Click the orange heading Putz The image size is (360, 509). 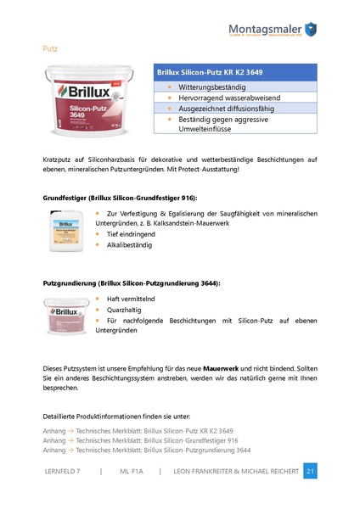[x=50, y=49]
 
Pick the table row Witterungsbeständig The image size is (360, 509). [x=212, y=87]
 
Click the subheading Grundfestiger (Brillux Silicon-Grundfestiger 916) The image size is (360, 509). [x=120, y=197]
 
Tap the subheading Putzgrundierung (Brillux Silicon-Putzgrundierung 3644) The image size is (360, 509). [x=131, y=282]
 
